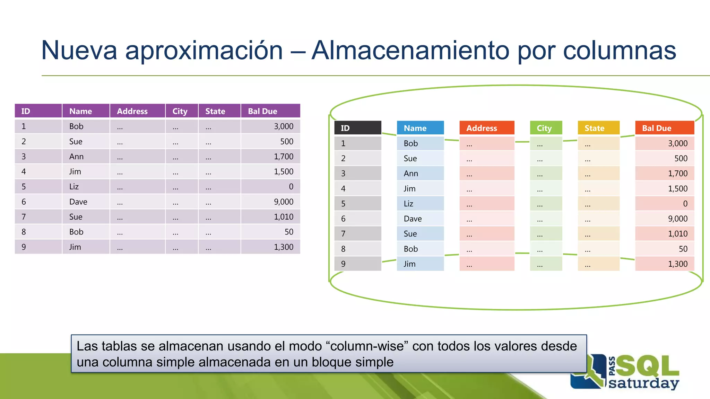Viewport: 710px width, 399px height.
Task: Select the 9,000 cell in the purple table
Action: (283, 202)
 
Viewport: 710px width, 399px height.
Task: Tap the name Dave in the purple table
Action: (78, 202)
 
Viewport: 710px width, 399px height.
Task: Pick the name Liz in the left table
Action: (74, 187)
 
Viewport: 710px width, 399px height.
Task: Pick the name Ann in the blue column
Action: (411, 174)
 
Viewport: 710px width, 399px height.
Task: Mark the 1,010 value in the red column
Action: (677, 234)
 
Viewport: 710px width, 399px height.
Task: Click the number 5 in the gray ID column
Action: (343, 204)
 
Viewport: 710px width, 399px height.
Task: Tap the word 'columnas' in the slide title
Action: (619, 51)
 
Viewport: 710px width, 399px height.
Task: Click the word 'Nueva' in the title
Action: (79, 51)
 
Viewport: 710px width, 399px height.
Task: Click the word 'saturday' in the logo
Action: (643, 383)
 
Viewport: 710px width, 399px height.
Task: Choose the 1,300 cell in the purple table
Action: (283, 247)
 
